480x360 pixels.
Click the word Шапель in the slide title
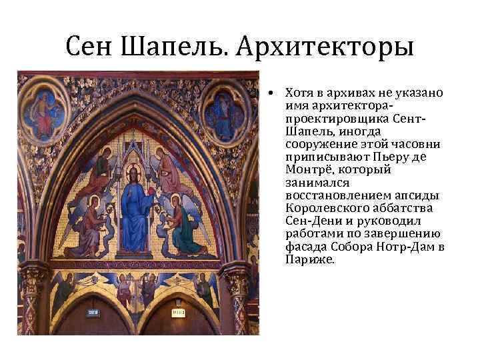pos(174,47)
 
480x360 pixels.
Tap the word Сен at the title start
pos(92,47)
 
